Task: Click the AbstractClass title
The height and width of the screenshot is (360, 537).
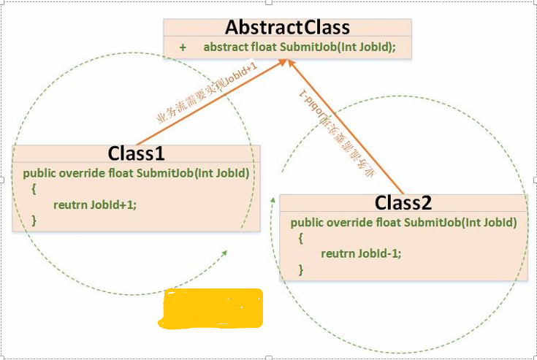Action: (287, 28)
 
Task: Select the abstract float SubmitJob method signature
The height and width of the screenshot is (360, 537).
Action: (299, 47)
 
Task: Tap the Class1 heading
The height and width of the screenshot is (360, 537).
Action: (137, 153)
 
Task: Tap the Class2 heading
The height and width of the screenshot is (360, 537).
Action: (404, 202)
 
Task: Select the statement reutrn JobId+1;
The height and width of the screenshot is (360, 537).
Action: (95, 204)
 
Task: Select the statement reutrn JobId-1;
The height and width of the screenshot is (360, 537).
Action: (362, 253)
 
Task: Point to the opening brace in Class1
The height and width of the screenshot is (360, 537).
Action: (34, 189)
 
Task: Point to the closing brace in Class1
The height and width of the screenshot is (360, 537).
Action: (34, 220)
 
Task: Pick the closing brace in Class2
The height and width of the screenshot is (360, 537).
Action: (300, 269)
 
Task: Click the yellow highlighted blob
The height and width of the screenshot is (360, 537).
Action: (211, 307)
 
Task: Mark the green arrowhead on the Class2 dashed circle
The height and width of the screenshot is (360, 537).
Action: (275, 199)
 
